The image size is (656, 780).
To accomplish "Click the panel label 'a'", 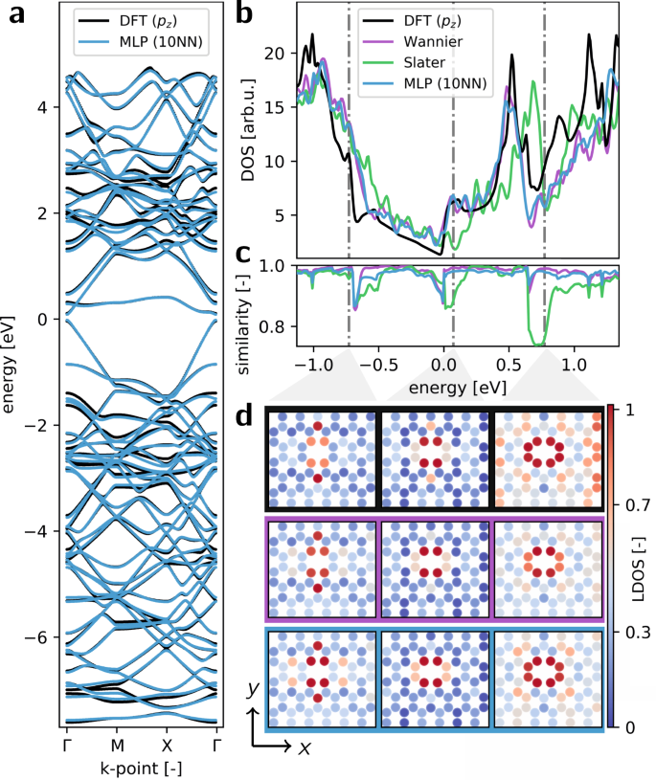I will (17, 16).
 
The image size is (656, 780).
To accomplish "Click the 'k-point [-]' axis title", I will (143, 767).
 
